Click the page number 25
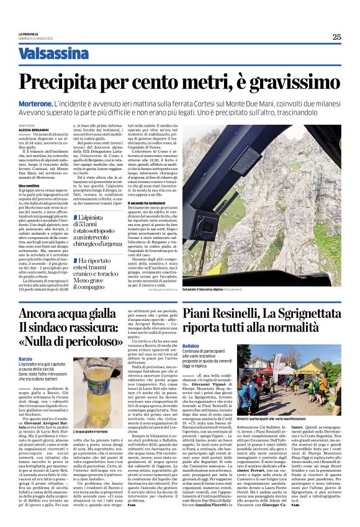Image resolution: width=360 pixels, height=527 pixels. point(336,37)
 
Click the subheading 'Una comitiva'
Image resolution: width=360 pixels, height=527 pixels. point(29,186)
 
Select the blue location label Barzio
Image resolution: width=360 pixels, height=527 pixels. point(25,359)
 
